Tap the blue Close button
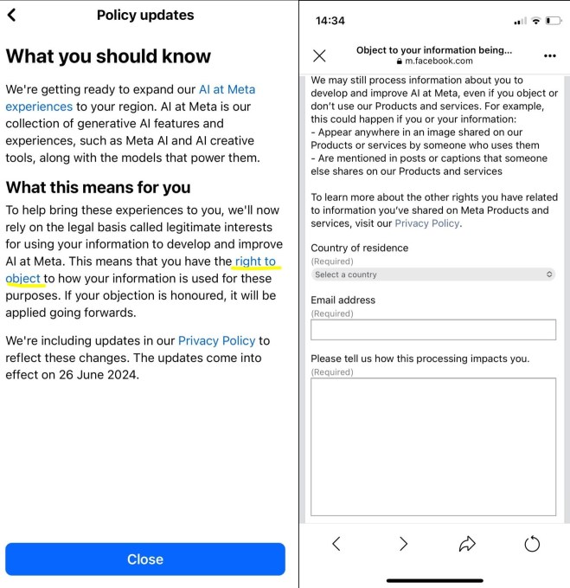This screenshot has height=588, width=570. (x=144, y=559)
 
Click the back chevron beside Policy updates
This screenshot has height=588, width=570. (x=11, y=15)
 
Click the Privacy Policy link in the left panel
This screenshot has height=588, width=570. (x=212, y=341)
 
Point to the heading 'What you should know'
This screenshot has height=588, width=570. (x=108, y=56)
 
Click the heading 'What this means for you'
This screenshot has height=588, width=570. (x=98, y=187)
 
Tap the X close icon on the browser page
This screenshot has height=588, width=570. (x=319, y=55)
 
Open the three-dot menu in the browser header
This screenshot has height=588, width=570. (x=550, y=55)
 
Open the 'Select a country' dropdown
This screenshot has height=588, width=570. (x=433, y=275)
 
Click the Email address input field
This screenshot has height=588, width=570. (x=433, y=330)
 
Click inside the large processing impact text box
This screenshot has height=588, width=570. (x=433, y=446)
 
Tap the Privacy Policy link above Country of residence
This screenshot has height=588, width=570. (x=427, y=223)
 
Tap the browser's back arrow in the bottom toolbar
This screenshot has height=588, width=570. (x=336, y=544)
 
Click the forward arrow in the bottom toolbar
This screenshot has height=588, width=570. (x=403, y=544)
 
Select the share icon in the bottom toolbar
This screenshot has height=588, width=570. (x=468, y=544)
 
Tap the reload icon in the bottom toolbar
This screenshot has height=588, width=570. (x=533, y=544)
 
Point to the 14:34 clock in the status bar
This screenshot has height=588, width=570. (x=330, y=20)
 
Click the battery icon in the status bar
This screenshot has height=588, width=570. (x=554, y=20)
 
